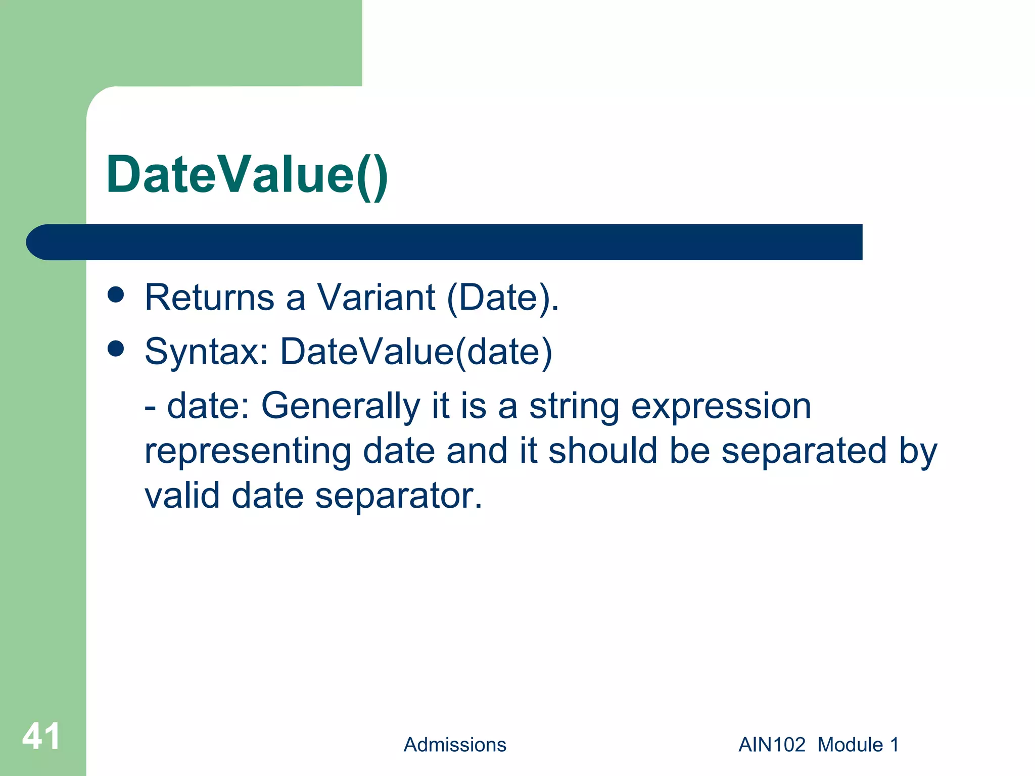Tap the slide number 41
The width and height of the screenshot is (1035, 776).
tap(41, 737)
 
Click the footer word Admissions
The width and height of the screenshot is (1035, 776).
tap(454, 745)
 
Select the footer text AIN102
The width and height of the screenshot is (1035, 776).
tap(772, 745)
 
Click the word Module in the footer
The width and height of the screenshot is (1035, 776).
tap(850, 745)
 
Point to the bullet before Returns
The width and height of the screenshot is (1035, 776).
tap(116, 295)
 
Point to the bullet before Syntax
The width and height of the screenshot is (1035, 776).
tap(116, 349)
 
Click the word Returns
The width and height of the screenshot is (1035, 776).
tap(209, 298)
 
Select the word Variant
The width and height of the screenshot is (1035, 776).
tap(376, 298)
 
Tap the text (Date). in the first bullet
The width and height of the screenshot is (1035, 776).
tap(503, 299)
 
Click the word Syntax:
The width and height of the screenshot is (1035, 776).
tap(206, 352)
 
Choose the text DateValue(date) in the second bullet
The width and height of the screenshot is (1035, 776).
tap(416, 352)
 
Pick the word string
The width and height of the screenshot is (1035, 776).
tap(574, 407)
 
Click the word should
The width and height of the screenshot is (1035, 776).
tap(602, 451)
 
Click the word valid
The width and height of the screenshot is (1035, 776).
tap(181, 496)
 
